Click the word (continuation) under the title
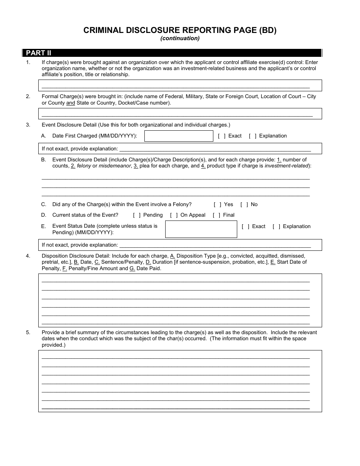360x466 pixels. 180,38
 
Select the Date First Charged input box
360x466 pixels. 179,136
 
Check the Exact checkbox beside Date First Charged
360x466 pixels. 222,136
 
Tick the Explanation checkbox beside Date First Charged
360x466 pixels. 252,136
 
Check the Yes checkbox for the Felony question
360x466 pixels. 218,205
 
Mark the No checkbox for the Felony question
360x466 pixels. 244,205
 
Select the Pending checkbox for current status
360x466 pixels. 137,215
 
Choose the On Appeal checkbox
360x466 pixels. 174,215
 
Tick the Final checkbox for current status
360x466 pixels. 216,215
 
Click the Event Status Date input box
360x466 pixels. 201,229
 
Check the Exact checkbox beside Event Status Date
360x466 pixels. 246,227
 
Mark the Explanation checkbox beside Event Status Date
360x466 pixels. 276,227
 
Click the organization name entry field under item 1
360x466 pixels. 180,86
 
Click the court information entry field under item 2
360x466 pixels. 180,114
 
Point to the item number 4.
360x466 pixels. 28,256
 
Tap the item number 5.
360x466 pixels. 28,333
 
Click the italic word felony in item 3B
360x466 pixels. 84,166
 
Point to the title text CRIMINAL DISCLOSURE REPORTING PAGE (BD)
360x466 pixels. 180,31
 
